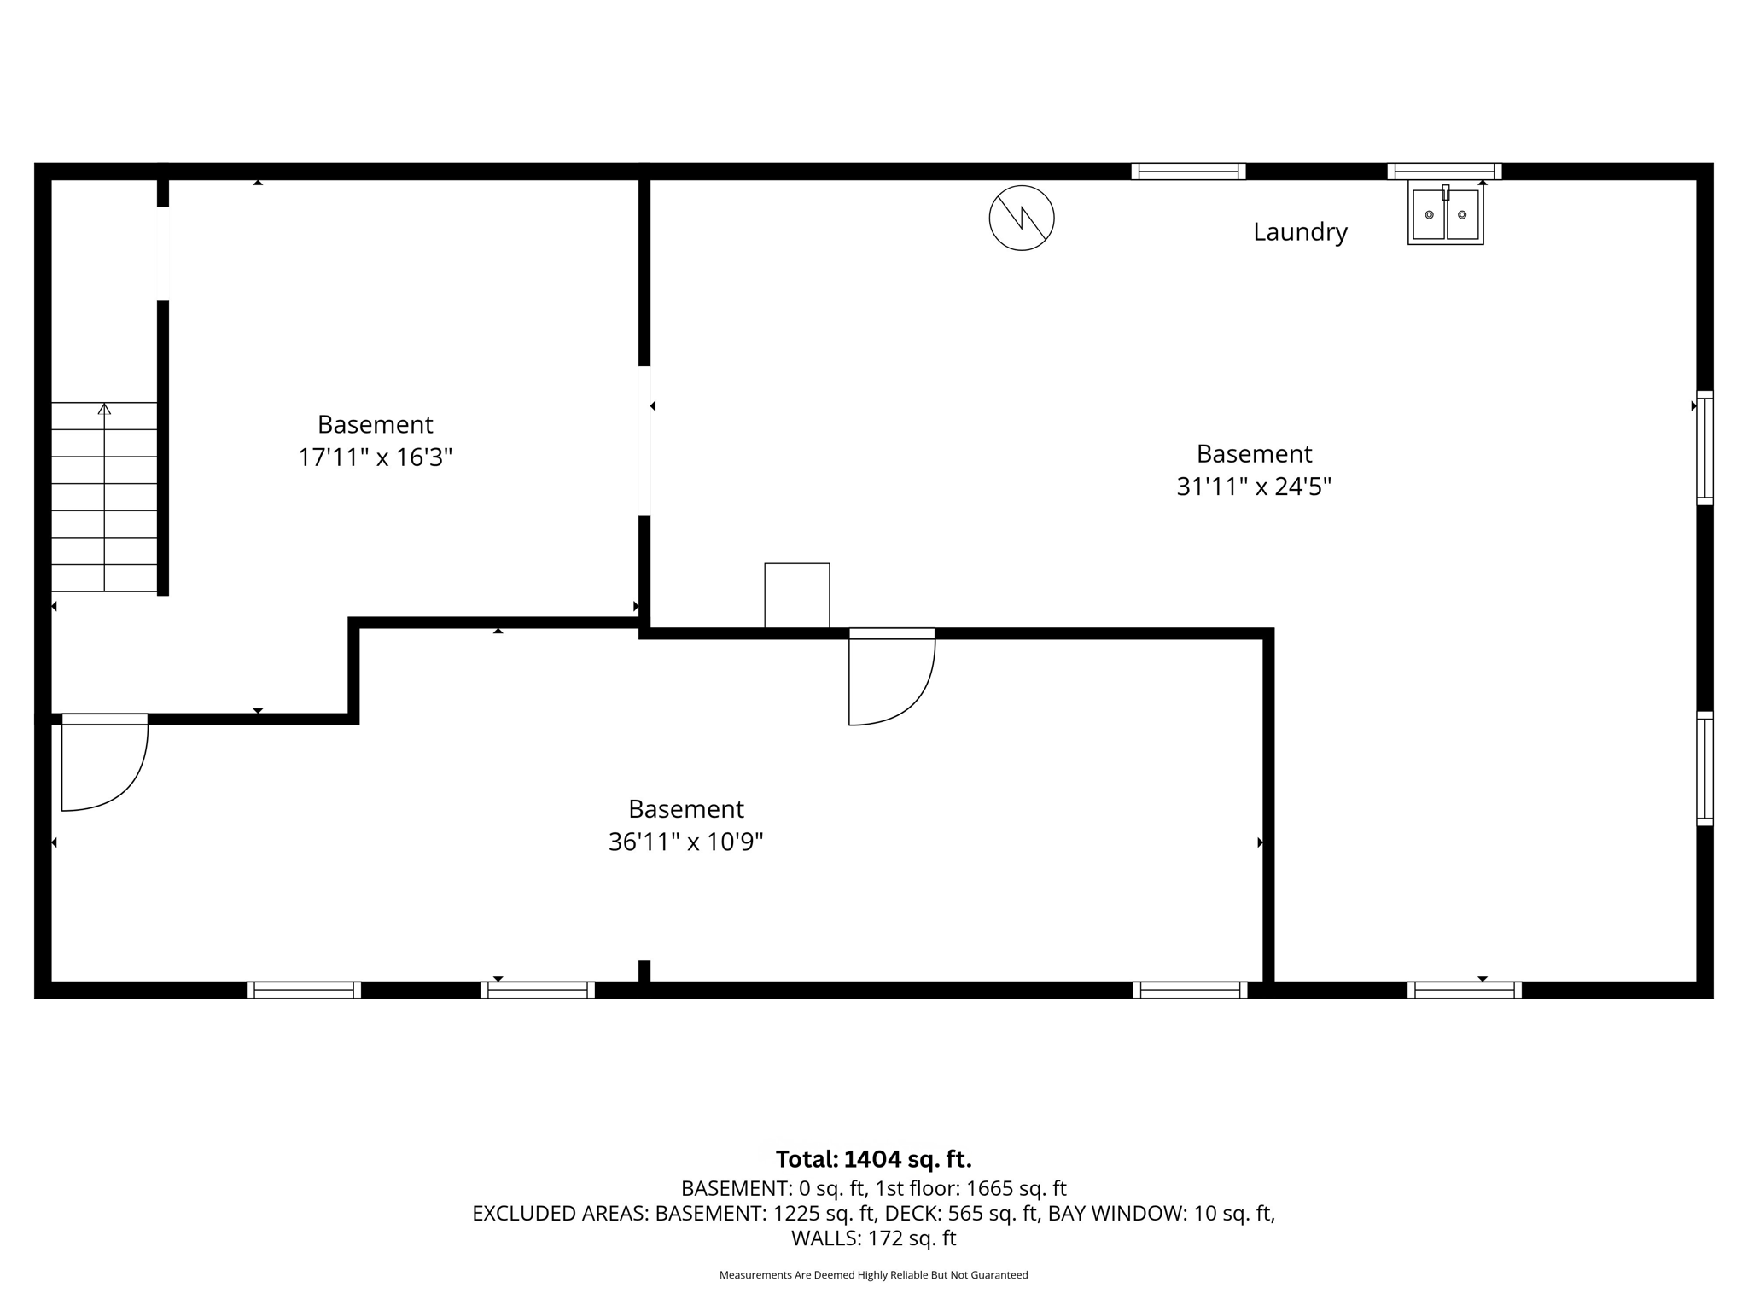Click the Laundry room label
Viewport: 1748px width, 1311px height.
coord(1299,232)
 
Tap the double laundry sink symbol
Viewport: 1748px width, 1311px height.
coord(1445,214)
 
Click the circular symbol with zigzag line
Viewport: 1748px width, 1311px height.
coord(1021,218)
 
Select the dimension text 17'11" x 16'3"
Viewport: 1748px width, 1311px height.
coord(375,458)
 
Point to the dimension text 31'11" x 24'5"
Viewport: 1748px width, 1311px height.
coord(1253,487)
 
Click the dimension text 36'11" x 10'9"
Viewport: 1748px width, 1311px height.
coord(685,842)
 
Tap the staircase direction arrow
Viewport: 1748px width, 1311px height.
coord(104,410)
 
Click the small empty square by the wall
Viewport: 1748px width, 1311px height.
coord(796,595)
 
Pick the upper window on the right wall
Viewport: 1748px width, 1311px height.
coord(1704,447)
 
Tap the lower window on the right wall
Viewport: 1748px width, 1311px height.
coord(1704,768)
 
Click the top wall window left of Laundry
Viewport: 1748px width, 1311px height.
coord(1188,172)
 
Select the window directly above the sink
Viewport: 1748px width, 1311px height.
coord(1444,171)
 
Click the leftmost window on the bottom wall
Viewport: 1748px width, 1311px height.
coord(304,990)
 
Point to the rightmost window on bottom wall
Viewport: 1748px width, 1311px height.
coord(1464,990)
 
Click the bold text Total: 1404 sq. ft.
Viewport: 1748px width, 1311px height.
coord(873,1159)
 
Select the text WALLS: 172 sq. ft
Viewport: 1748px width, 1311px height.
coord(873,1238)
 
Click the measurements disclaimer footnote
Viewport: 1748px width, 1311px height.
coord(873,1275)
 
